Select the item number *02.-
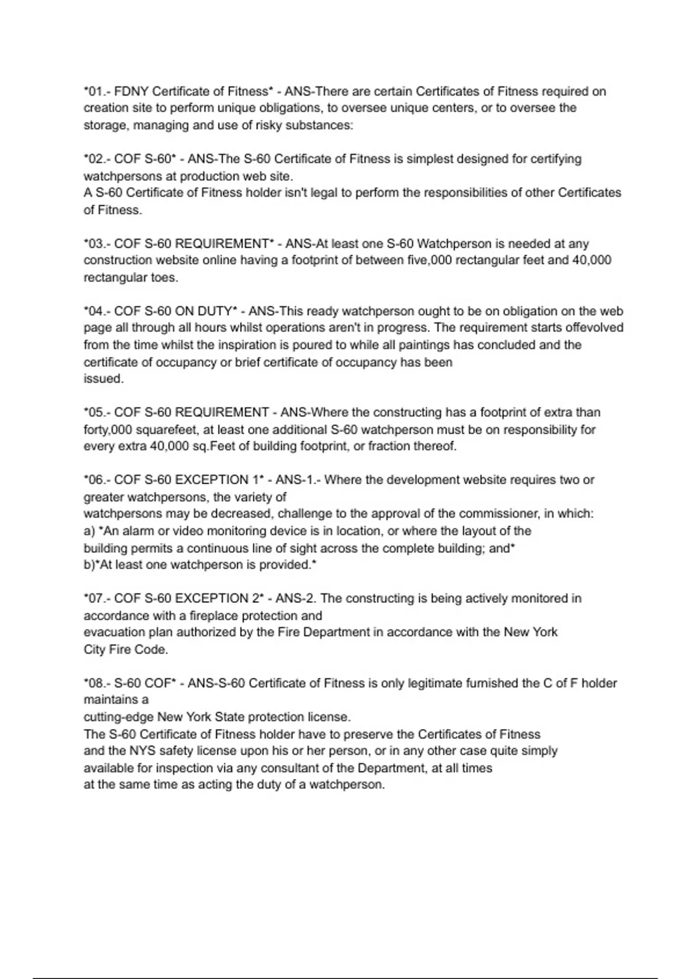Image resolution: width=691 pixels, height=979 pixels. click(97, 159)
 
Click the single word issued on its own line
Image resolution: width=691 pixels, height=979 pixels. click(103, 379)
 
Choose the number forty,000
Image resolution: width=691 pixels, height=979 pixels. click(108, 430)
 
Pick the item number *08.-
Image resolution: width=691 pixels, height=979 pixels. click(97, 684)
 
